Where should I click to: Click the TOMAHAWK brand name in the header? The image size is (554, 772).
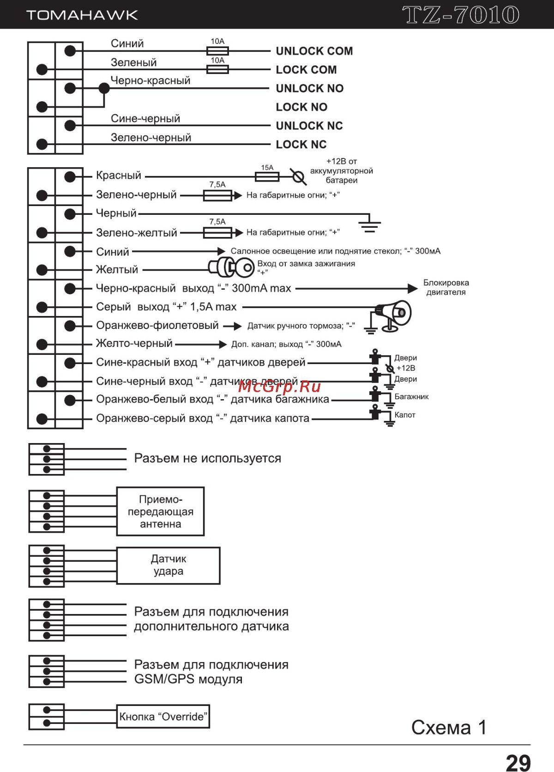[x=82, y=15]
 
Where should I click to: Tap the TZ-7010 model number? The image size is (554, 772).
[x=461, y=15]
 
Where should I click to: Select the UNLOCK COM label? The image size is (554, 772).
[x=314, y=51]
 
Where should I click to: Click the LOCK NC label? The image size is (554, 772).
[x=301, y=145]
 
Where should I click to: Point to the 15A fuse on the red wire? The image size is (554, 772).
[x=267, y=176]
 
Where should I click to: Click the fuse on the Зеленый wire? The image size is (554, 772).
[x=217, y=69]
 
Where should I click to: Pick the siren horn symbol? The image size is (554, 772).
[x=394, y=314]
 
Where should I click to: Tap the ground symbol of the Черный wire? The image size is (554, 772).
[x=369, y=225]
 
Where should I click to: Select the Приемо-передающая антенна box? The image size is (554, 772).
[x=160, y=511]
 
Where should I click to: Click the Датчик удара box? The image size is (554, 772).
[x=168, y=565]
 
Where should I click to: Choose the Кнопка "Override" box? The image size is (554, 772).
[x=163, y=717]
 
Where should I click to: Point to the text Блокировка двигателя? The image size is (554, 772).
[x=446, y=287]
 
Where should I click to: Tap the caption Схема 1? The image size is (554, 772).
[x=449, y=728]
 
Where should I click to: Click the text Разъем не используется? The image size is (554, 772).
[x=207, y=458]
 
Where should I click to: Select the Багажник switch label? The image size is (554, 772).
[x=411, y=396]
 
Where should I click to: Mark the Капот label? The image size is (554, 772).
[x=405, y=415]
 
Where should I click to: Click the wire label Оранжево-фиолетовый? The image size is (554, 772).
[x=157, y=325]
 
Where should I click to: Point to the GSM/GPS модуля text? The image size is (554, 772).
[x=188, y=679]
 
